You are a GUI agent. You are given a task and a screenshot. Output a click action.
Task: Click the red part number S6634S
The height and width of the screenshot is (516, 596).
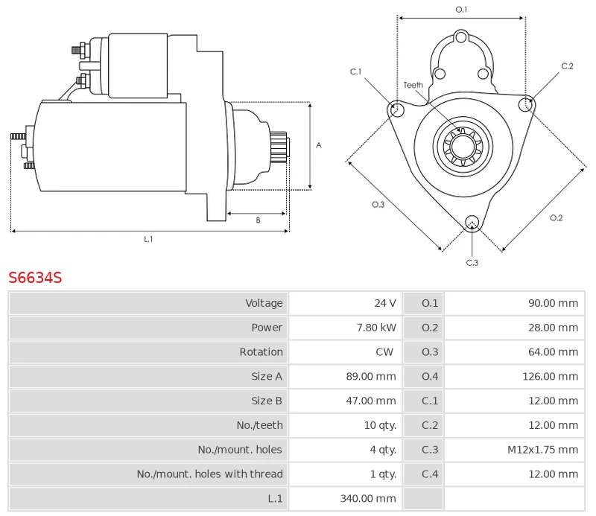coord(35,278)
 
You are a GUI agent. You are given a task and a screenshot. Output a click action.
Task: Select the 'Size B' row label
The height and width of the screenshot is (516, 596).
coord(267,401)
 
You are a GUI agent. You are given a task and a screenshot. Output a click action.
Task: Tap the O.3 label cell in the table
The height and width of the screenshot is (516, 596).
coord(430,352)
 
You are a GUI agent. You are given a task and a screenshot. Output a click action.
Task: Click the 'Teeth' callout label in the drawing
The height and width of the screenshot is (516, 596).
coord(413,85)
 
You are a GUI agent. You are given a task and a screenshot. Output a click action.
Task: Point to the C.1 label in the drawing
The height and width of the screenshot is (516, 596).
coord(355,71)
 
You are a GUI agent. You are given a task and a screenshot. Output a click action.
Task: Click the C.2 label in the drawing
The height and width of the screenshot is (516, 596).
coord(567,66)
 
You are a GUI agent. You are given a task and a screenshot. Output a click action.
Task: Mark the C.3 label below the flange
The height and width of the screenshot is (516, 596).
coord(472,262)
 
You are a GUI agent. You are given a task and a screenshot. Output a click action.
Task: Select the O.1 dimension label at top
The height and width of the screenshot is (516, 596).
coord(461,9)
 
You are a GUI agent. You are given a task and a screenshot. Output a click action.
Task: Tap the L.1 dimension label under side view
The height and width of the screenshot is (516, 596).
coord(148,239)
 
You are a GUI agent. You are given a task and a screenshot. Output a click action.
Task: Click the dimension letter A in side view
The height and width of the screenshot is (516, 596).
coord(318,145)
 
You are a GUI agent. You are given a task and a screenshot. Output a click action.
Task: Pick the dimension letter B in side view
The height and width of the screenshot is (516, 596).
coord(258,220)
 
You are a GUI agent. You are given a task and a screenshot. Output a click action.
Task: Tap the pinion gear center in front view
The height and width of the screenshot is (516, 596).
coord(462,145)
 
